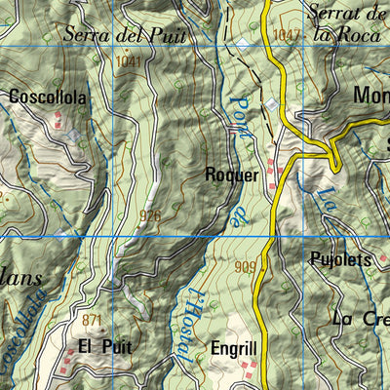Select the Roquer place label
click(232, 175)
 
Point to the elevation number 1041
click(128, 62)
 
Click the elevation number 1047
click(285, 35)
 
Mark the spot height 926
click(150, 215)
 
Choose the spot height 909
click(245, 265)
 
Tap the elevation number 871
click(93, 321)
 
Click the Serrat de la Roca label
click(346, 23)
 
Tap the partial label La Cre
click(360, 319)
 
